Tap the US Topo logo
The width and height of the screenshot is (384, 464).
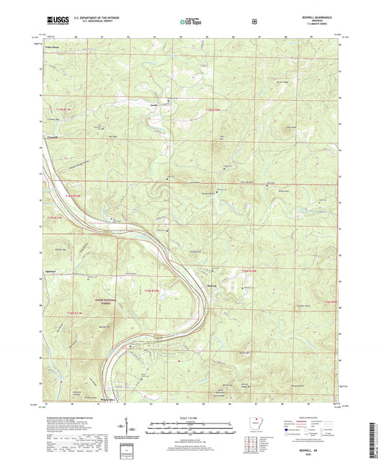pyautogui.click(x=191, y=22)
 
